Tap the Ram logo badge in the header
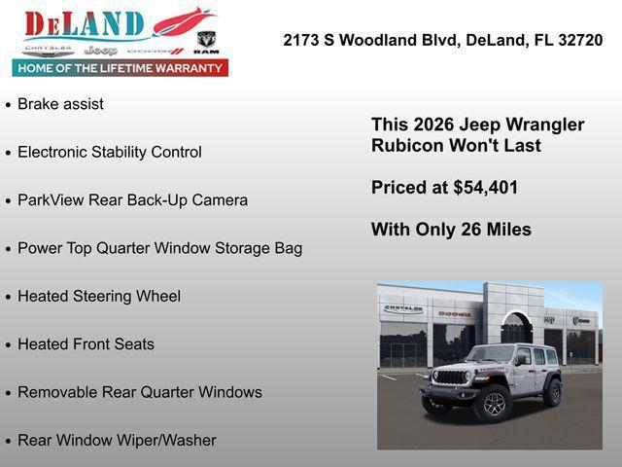[x=206, y=41]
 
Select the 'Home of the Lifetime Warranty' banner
[x=121, y=68]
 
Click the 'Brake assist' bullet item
[x=60, y=104]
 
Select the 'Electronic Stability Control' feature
[x=110, y=152]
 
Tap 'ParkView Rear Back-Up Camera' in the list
[x=132, y=200]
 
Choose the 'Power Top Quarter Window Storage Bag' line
[x=159, y=248]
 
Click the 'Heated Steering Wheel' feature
[x=99, y=297]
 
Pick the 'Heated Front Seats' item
[x=86, y=344]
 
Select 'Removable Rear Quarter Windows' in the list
[x=140, y=392]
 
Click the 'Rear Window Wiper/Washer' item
[x=117, y=441]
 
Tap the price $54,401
[x=485, y=188]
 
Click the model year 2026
[x=434, y=125]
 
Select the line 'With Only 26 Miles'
[x=451, y=230]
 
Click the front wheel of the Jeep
[x=494, y=404]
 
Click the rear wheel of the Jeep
[x=552, y=391]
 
